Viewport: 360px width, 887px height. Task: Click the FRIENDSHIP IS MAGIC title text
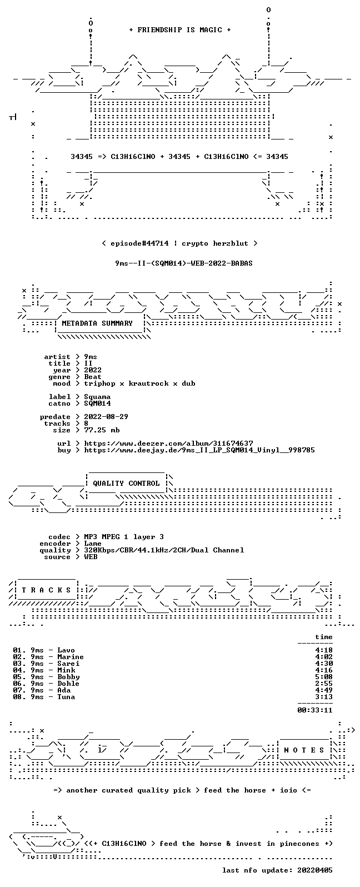pos(180,30)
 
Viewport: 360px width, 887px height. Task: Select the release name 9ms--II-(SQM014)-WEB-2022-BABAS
pos(184,263)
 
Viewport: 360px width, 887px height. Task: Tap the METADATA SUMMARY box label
pos(97,323)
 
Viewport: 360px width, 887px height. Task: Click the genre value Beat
pos(93,377)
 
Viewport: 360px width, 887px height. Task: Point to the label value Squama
pos(97,397)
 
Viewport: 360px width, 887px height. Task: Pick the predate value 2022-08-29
pos(106,417)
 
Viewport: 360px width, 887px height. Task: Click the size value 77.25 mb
pos(102,430)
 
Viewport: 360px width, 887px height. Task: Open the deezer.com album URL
pos(168,443)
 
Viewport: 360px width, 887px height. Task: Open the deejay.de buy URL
pos(199,450)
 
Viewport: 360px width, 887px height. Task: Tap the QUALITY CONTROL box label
pos(126,484)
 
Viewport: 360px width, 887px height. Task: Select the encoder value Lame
pos(93,544)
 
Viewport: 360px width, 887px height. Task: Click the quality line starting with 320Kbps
pos(164,550)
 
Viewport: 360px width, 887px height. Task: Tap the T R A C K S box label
pos(46,590)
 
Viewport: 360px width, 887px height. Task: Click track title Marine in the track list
pos(71,657)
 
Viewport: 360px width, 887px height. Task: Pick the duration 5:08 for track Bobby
pos(324,677)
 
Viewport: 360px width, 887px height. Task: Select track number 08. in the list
pos(19,697)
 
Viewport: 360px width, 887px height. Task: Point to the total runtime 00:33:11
pos(315,710)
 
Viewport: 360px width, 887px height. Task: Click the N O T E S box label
pos(304,750)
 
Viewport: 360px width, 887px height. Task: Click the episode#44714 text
pos(139,243)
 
